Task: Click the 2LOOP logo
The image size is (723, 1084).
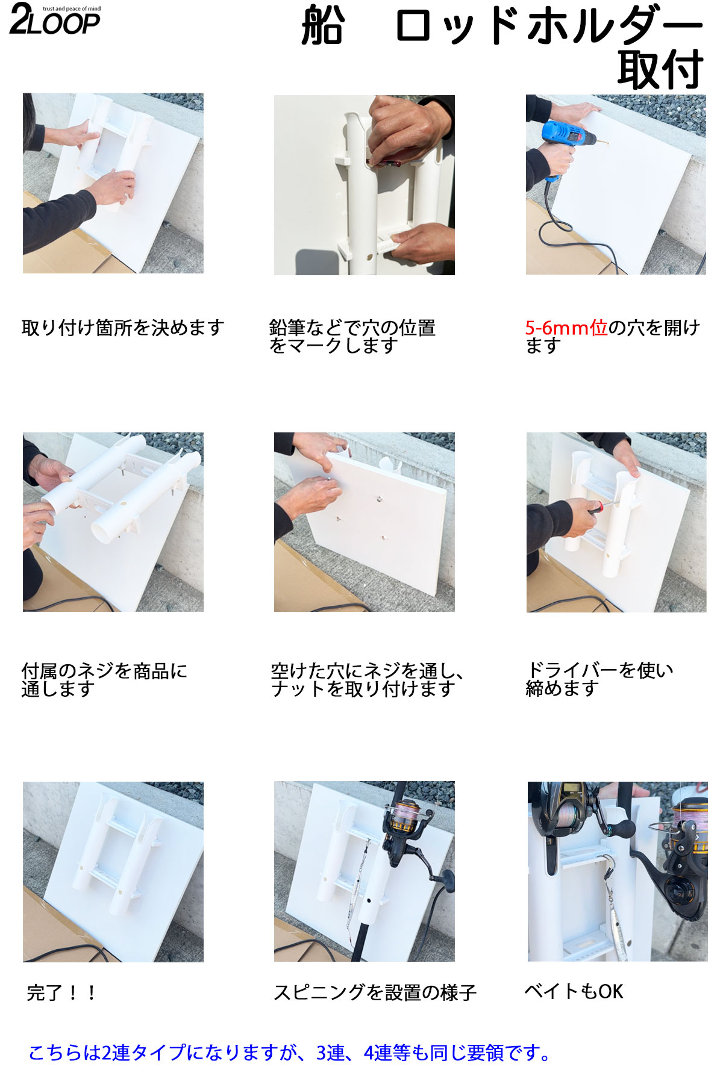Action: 55,19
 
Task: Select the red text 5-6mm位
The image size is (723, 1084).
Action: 566,328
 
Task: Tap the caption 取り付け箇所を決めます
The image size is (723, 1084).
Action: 123,328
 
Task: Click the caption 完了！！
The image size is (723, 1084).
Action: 61,992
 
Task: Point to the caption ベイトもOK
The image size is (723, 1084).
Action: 574,991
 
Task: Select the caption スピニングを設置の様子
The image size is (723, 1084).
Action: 375,992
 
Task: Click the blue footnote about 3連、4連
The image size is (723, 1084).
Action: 289,1053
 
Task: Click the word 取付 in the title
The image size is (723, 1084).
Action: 660,69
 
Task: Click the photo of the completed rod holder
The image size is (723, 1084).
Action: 113,871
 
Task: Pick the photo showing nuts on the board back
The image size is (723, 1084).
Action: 365,522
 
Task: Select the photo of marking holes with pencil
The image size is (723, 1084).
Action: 365,185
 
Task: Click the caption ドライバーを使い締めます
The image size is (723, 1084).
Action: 599,679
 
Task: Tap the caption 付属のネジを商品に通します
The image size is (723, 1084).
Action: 104,679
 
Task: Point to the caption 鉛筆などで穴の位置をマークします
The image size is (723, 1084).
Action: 352,337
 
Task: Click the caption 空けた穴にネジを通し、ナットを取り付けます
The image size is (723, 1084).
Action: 368,679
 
